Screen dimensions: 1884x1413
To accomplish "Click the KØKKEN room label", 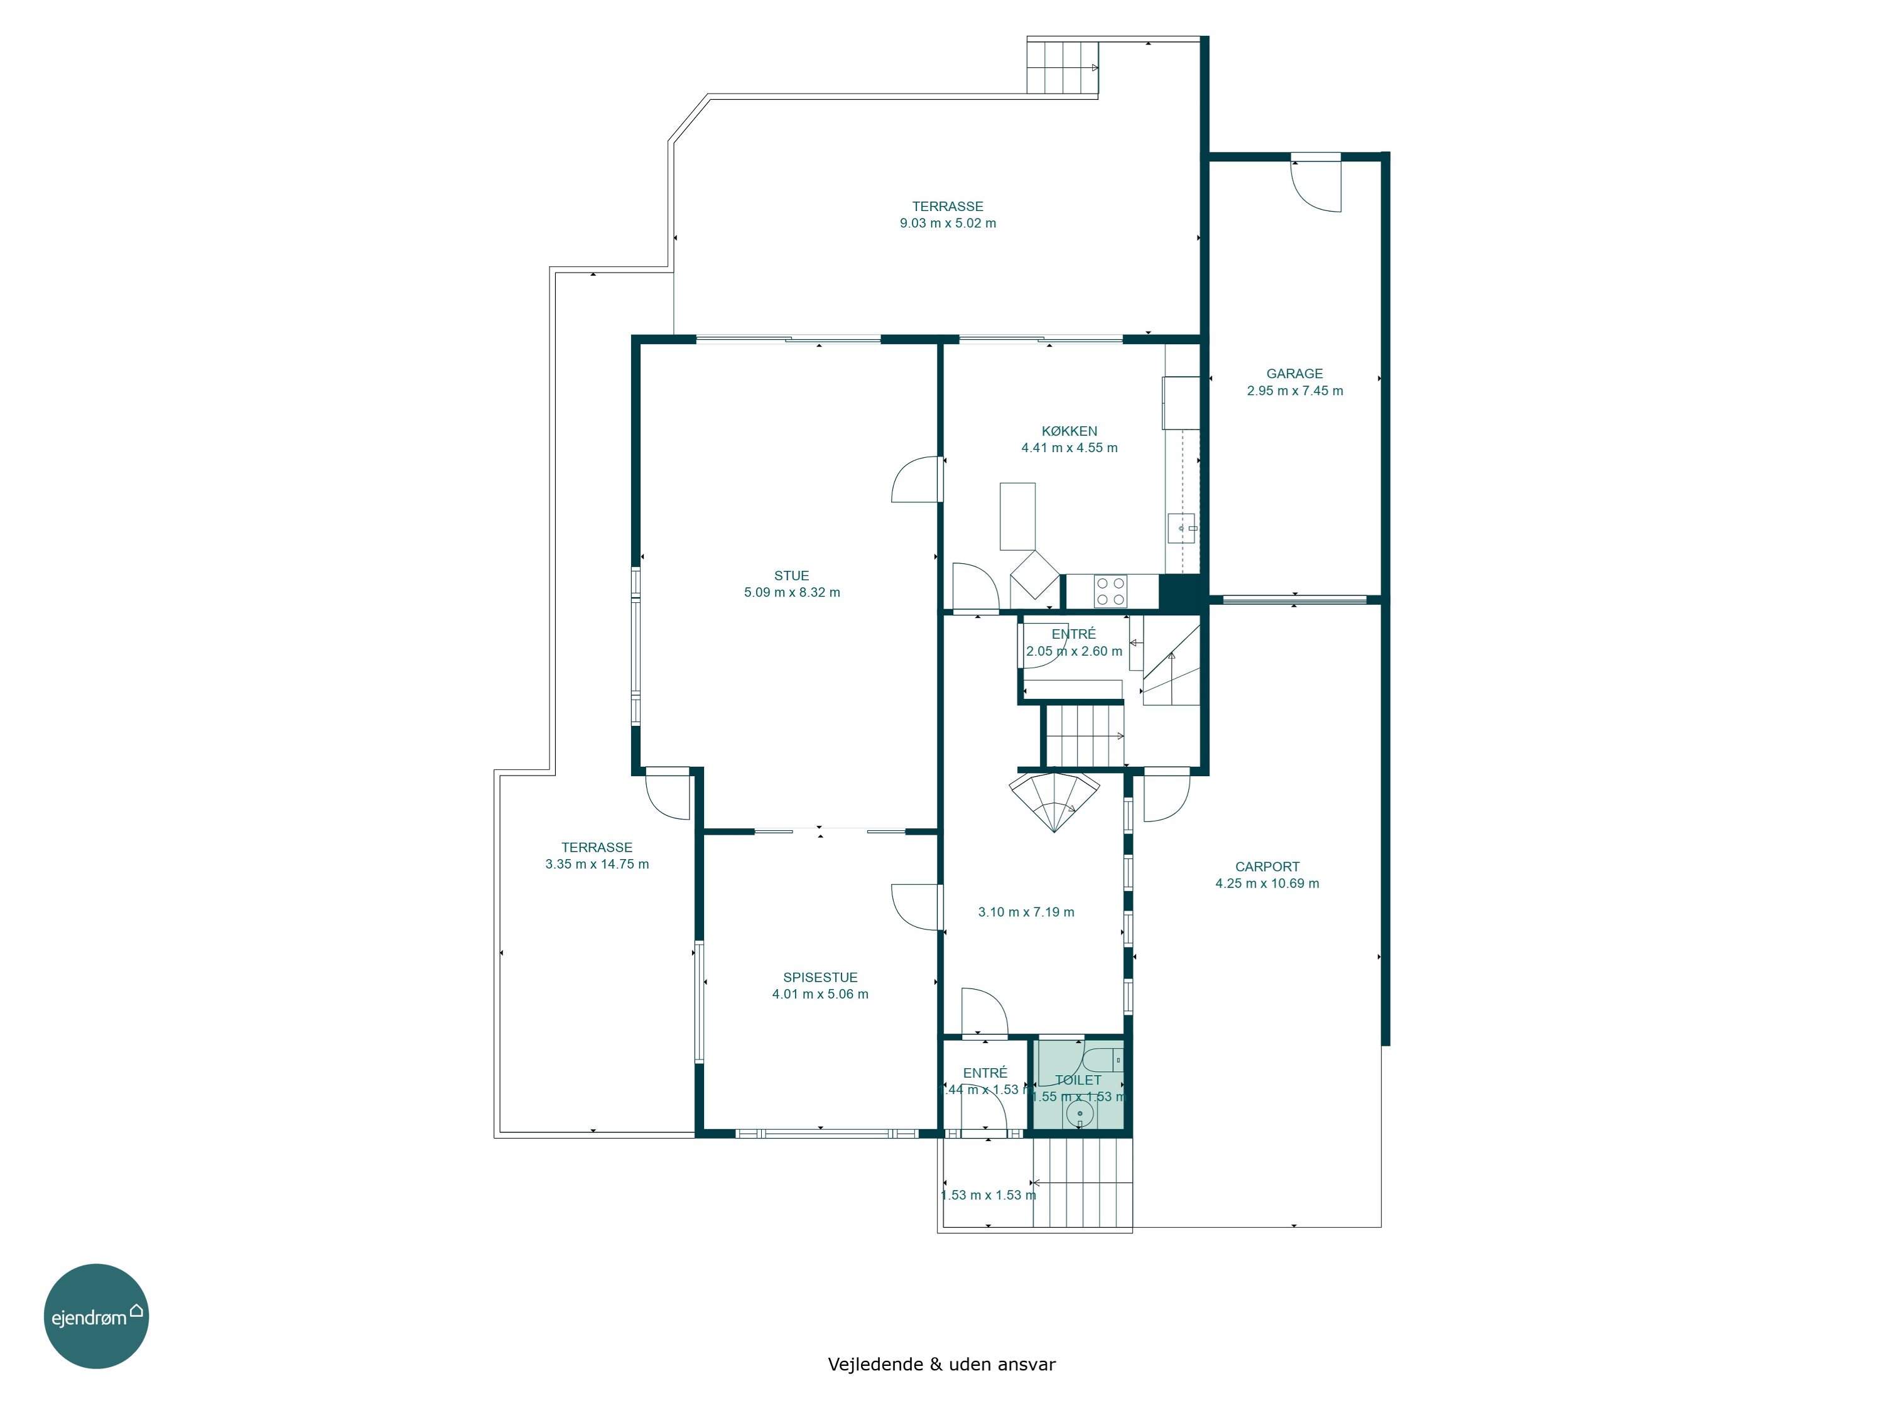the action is [1069, 431].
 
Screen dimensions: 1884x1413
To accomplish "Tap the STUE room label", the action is [791, 576].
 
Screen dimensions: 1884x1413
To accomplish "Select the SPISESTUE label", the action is [820, 978].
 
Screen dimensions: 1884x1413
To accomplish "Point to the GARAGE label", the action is [1294, 374].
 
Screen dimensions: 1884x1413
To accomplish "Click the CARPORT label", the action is [1267, 867].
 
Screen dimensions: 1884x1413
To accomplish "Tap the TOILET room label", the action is [1078, 1080].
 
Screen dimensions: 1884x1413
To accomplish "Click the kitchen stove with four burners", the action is [1111, 591].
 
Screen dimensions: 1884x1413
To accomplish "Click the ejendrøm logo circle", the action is [96, 1316].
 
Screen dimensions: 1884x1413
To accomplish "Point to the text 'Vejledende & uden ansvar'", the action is [941, 1365].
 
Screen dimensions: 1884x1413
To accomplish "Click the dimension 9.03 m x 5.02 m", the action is [948, 223].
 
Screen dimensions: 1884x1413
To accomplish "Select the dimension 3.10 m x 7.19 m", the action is [1026, 912].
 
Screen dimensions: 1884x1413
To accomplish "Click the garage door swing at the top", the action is [1316, 185].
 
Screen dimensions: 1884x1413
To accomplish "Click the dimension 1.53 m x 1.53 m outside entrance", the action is [988, 1196].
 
